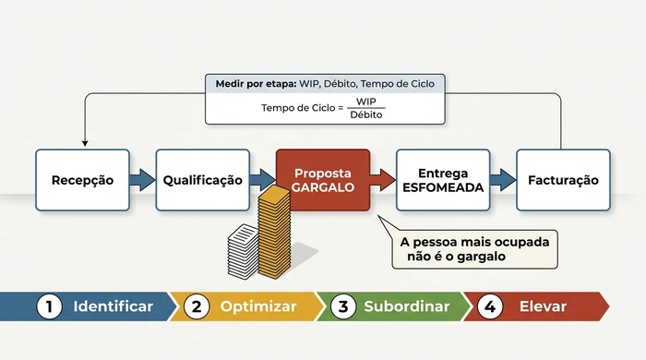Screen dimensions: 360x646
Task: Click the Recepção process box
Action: click(x=83, y=180)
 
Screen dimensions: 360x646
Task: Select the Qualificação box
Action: click(x=203, y=180)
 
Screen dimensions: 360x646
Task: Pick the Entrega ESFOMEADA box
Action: click(x=443, y=180)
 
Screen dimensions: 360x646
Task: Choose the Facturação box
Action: click(x=563, y=180)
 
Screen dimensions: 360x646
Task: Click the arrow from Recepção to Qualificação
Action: click(x=142, y=180)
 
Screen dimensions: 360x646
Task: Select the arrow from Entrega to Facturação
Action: click(x=502, y=180)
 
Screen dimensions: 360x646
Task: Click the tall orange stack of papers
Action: click(x=273, y=231)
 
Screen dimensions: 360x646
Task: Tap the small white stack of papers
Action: click(x=244, y=249)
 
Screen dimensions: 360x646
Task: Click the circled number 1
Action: click(x=49, y=306)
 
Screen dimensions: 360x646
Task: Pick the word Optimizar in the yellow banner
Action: click(x=258, y=306)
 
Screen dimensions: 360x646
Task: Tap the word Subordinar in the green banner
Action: click(x=406, y=306)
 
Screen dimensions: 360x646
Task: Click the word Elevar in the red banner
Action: click(x=543, y=306)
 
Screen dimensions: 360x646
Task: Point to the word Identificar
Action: click(x=113, y=306)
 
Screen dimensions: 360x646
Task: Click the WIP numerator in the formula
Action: click(x=367, y=102)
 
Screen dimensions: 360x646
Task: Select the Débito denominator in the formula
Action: click(x=367, y=114)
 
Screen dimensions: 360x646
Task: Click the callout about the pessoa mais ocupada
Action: click(x=474, y=249)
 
